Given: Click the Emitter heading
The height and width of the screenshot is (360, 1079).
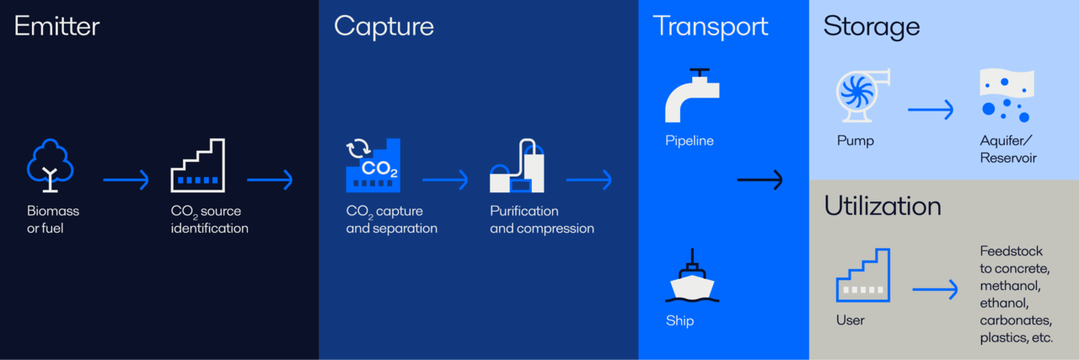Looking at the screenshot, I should pyautogui.click(x=56, y=26).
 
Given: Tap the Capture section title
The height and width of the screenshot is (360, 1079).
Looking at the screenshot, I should pyautogui.click(x=384, y=26).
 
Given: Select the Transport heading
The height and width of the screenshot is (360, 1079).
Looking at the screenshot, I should pyautogui.click(x=710, y=26).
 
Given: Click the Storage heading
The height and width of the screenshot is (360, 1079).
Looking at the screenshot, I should pyautogui.click(x=871, y=26).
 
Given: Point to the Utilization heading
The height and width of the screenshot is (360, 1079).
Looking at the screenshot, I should pyautogui.click(x=883, y=207).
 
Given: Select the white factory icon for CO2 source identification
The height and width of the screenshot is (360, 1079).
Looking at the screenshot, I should pyautogui.click(x=198, y=166).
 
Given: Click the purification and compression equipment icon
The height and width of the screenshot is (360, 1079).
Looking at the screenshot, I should pyautogui.click(x=517, y=166).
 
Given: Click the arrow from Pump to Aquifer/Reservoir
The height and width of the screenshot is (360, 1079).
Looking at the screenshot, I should pyautogui.click(x=931, y=109).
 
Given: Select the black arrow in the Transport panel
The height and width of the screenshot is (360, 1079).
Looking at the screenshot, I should pyautogui.click(x=760, y=180).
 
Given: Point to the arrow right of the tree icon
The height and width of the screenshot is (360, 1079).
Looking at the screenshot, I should pyautogui.click(x=126, y=180).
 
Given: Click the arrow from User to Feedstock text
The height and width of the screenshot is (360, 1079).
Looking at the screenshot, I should pyautogui.click(x=935, y=290).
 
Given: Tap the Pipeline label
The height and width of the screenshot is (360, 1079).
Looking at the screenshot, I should pyautogui.click(x=689, y=141).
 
